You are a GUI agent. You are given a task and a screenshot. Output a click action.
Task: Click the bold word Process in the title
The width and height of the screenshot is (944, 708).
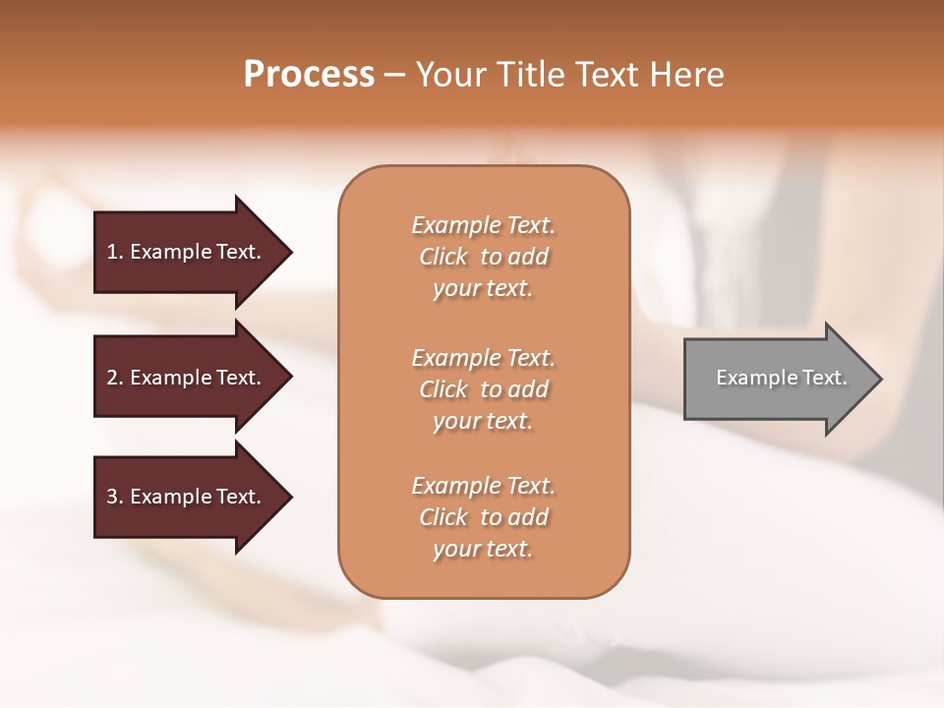pos(309,75)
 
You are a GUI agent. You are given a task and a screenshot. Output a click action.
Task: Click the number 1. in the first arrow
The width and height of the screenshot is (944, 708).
pos(115,252)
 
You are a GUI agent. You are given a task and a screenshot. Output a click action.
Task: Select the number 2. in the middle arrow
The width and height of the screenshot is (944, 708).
pos(115,378)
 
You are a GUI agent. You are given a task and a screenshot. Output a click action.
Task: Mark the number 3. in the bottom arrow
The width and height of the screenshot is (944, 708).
pos(115,497)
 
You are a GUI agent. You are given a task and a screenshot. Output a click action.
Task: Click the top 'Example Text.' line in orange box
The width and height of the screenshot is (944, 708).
pos(483,225)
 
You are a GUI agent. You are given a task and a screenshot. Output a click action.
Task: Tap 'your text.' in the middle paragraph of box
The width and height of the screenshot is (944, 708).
pos(483,421)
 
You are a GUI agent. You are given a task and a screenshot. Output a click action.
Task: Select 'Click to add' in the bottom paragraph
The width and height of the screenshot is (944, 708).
pos(483,517)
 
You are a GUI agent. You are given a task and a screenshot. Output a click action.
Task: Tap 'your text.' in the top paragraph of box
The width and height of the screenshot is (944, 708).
pos(483,289)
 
